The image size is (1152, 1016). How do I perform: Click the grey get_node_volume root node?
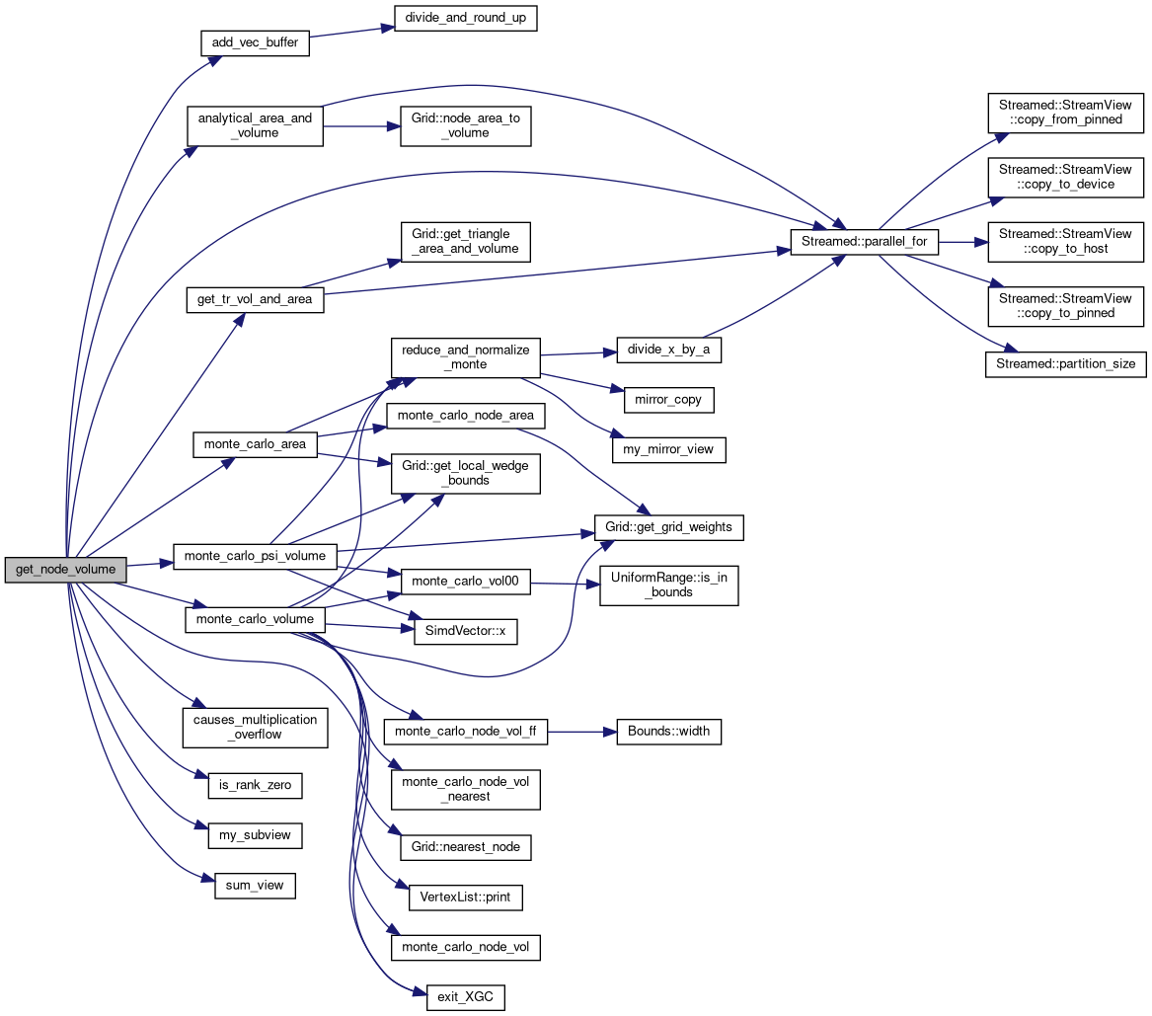point(66,570)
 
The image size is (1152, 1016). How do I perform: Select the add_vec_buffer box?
point(255,43)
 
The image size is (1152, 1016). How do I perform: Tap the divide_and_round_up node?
point(465,19)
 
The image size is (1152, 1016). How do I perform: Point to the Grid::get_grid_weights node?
point(668,527)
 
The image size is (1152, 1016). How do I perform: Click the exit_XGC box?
point(465,997)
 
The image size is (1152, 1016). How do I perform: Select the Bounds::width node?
point(668,732)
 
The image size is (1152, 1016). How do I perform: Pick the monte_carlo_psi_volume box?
point(255,556)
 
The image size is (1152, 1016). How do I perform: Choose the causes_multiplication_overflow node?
point(255,727)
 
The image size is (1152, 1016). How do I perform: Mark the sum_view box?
point(255,885)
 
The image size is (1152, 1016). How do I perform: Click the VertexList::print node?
point(465,898)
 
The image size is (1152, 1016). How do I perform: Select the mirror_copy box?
point(668,400)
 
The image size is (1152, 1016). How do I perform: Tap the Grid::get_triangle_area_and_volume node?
point(465,241)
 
